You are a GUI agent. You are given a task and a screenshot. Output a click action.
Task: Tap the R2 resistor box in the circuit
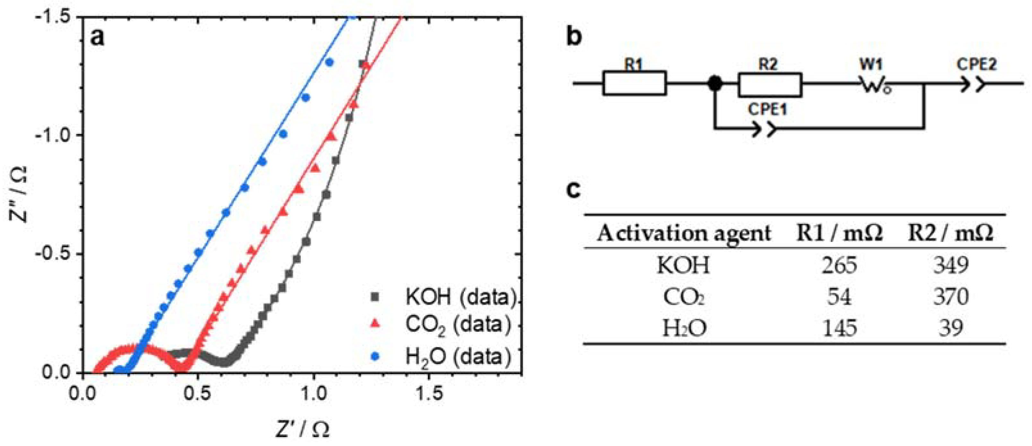[x=770, y=84]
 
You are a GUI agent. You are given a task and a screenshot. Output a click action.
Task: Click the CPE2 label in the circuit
[x=976, y=64]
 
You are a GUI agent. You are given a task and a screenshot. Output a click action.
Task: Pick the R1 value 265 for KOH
[x=839, y=265]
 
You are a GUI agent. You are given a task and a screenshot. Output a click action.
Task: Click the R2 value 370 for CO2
[x=951, y=297]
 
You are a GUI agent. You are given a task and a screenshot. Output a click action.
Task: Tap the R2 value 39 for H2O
[x=951, y=328]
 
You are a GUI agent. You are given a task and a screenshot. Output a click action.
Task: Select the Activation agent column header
[x=684, y=233]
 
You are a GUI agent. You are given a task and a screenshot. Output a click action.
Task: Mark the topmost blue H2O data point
[x=329, y=62]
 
